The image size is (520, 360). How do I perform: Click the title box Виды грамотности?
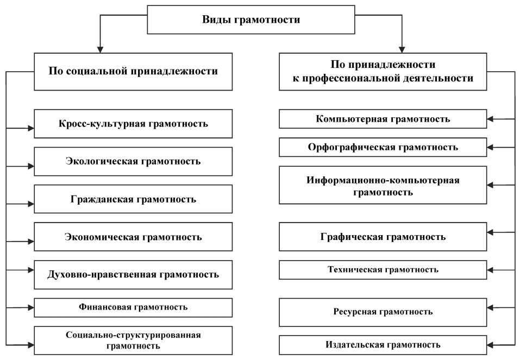click(251, 21)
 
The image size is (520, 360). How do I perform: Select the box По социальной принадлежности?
click(133, 71)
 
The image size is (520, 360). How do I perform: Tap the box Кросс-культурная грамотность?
click(133, 123)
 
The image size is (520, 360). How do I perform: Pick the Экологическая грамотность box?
click(133, 161)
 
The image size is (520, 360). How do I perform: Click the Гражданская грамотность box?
click(133, 199)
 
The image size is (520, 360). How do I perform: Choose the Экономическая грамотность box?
click(133, 237)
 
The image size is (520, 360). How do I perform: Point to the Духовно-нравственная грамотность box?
click(133, 274)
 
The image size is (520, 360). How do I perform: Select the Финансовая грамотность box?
click(133, 307)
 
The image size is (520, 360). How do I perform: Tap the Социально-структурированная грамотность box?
click(133, 340)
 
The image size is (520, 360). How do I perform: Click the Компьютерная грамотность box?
click(383, 119)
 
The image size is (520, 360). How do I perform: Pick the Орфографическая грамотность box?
click(383, 147)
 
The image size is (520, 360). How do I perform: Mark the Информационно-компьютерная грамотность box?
click(383, 185)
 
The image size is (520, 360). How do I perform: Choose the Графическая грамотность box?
click(383, 237)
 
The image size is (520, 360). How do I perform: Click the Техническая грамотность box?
click(383, 270)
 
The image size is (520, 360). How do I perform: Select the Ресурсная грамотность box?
click(383, 312)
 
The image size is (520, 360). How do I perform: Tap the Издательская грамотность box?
click(383, 345)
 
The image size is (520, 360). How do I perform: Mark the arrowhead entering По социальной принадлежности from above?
click(99, 48)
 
